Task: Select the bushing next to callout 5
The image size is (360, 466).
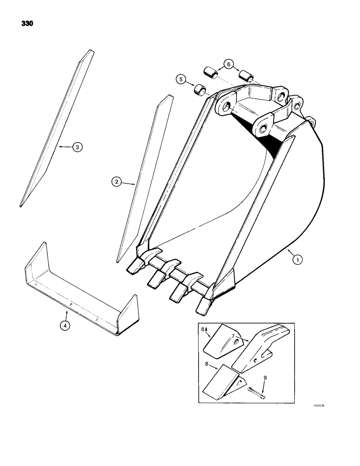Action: (201, 89)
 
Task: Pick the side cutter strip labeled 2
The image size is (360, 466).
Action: (145, 177)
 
